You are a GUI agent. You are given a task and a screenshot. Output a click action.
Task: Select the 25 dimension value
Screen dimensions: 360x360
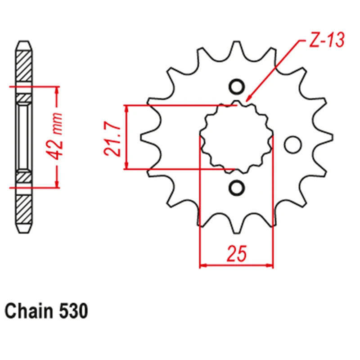(x=236, y=255)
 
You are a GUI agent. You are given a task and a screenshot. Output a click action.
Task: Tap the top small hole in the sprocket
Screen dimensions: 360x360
(x=237, y=86)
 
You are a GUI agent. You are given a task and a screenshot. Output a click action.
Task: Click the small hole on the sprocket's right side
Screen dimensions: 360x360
(x=293, y=144)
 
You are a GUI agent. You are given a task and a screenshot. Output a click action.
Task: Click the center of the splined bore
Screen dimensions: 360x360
(x=237, y=137)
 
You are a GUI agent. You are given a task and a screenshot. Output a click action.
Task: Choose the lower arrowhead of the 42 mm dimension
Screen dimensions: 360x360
(x=57, y=184)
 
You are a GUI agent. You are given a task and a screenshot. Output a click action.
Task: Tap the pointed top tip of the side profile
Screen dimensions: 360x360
(x=24, y=43)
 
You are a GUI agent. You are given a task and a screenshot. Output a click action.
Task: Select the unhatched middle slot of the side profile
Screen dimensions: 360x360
(x=24, y=137)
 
